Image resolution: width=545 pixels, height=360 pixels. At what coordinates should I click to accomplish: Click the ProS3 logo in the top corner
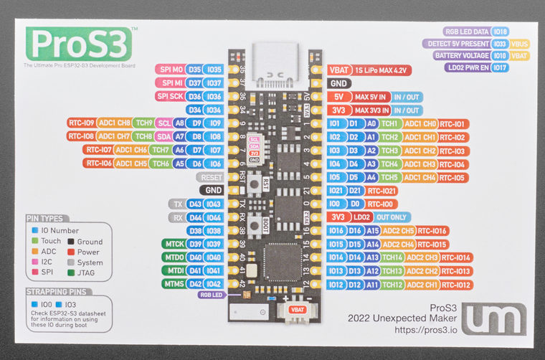tap(79, 44)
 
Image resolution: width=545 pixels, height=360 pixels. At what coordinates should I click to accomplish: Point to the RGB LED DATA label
tap(467, 32)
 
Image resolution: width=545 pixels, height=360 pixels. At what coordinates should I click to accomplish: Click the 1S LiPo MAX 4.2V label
tap(379, 70)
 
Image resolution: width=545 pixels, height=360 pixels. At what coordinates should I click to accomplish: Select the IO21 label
tap(336, 190)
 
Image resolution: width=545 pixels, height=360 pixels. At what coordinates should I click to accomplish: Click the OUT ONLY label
tap(392, 217)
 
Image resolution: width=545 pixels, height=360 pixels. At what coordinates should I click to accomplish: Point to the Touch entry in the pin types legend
tap(51, 242)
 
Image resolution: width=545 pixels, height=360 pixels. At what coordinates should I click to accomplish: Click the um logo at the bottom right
tap(494, 319)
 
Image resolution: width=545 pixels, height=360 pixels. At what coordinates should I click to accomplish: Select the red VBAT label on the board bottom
tap(295, 309)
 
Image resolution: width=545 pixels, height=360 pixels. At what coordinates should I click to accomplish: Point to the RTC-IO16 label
tap(432, 230)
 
